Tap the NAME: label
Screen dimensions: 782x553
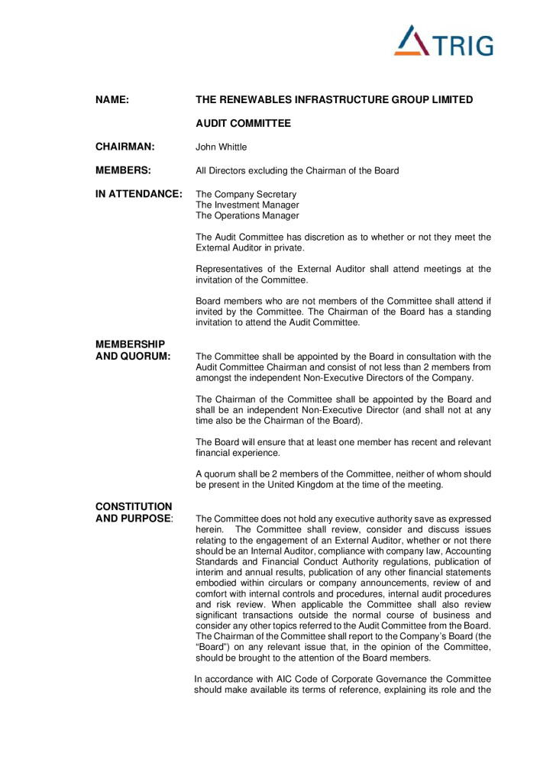coord(112,100)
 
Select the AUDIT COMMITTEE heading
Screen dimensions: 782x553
coord(244,123)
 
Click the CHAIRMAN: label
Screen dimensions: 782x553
coord(125,147)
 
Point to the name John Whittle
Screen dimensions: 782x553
coord(222,147)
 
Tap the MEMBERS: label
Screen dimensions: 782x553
coord(123,170)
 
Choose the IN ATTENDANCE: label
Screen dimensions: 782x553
coord(138,194)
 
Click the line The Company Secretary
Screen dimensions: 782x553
coord(246,194)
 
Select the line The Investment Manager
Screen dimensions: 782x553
coord(247,205)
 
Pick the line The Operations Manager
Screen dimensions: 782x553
coord(247,215)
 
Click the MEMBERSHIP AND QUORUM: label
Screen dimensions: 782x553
coord(133,350)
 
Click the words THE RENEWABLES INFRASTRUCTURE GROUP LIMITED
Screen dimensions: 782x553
coord(335,100)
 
